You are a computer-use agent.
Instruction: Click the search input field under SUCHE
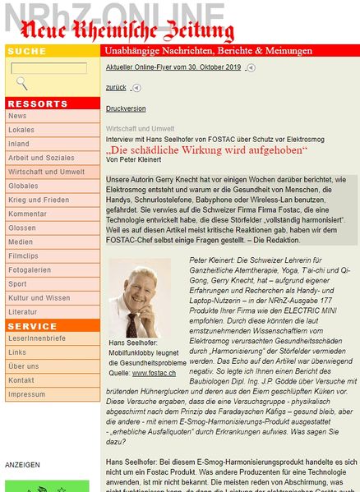point(48,68)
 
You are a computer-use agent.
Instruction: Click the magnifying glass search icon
point(22,83)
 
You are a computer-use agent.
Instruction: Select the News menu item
point(17,116)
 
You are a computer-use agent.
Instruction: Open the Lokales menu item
point(21,130)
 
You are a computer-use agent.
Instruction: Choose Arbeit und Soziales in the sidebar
point(41,158)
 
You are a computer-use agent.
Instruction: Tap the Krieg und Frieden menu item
point(39,200)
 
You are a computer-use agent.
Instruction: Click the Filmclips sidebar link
point(23,255)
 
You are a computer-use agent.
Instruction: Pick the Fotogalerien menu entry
point(30,269)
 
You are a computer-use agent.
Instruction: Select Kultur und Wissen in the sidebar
point(39,297)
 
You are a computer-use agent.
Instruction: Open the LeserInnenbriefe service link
point(37,338)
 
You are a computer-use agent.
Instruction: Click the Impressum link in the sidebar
point(26,394)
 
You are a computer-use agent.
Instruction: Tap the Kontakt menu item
point(21,380)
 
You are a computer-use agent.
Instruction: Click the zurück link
point(116,86)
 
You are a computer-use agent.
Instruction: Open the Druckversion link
point(126,108)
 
